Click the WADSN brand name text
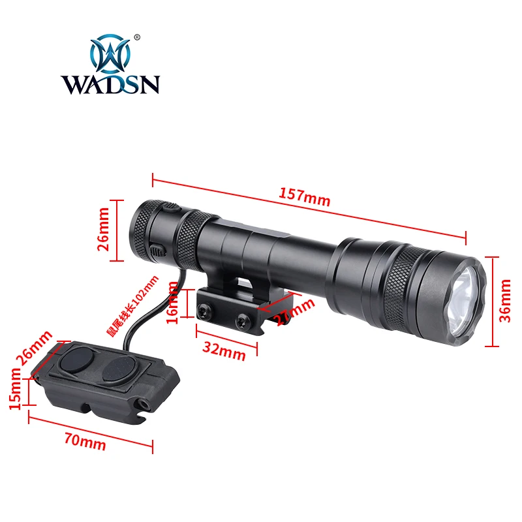click(110, 85)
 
